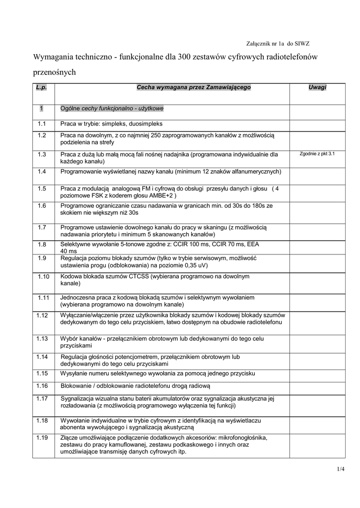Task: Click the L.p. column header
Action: (x=41, y=87)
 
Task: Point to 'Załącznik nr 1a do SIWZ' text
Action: (x=278, y=44)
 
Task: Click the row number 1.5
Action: (x=42, y=189)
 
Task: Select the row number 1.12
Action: (x=42, y=315)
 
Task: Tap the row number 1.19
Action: (x=42, y=438)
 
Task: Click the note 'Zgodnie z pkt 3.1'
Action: (x=317, y=154)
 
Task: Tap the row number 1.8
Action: (x=42, y=245)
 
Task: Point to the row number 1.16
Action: (x=42, y=385)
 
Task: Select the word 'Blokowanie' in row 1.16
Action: (x=76, y=385)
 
